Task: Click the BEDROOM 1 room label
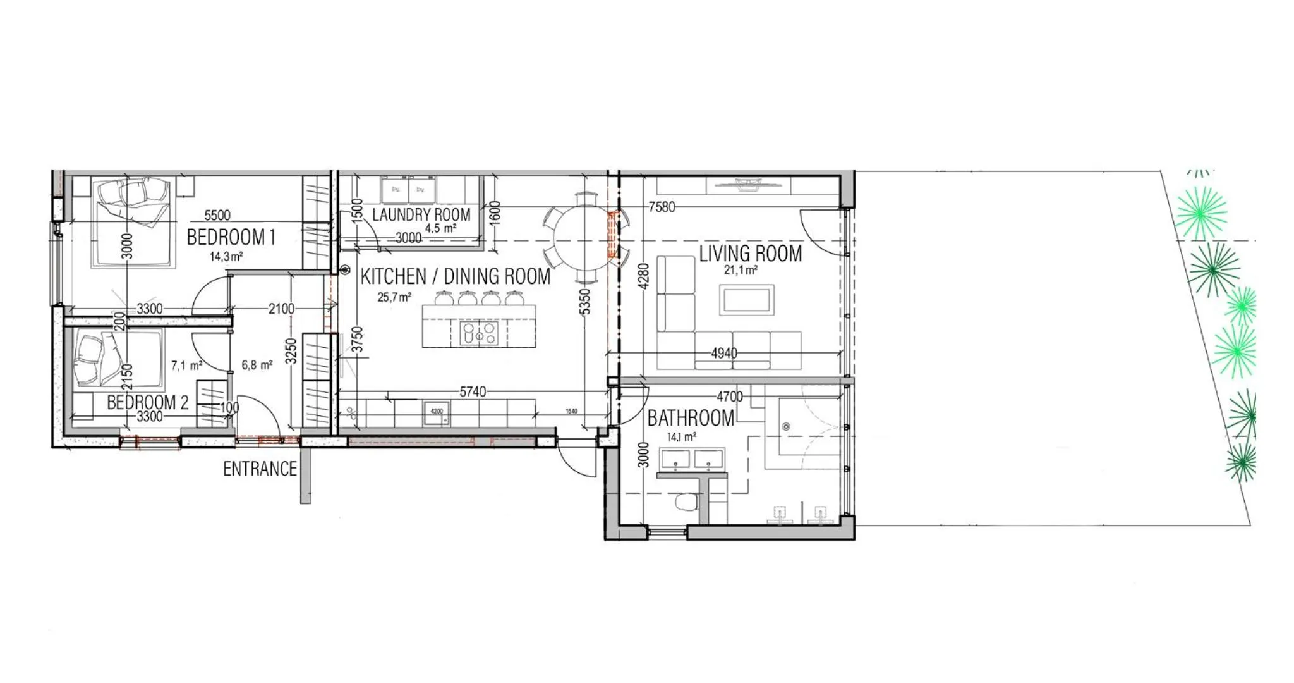pyautogui.click(x=231, y=237)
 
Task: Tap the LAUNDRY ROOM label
pyautogui.click(x=421, y=214)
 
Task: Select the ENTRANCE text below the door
pyautogui.click(x=260, y=469)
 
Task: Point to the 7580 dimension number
pyautogui.click(x=662, y=207)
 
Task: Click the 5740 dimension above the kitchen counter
pyautogui.click(x=472, y=392)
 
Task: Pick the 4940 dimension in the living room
pyautogui.click(x=723, y=353)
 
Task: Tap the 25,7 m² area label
pyautogui.click(x=394, y=297)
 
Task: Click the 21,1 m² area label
pyautogui.click(x=741, y=270)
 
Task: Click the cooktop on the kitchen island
pyautogui.click(x=480, y=333)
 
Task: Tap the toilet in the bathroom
pyautogui.click(x=686, y=502)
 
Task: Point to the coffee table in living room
pyautogui.click(x=746, y=300)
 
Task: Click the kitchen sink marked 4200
pyautogui.click(x=437, y=412)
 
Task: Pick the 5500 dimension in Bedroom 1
pyautogui.click(x=217, y=215)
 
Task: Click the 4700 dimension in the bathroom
pyautogui.click(x=729, y=397)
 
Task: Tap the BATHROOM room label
pyautogui.click(x=690, y=418)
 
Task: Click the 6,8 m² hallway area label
pyautogui.click(x=257, y=366)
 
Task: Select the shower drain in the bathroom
pyautogui.click(x=786, y=427)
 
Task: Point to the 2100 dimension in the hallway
pyautogui.click(x=281, y=309)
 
